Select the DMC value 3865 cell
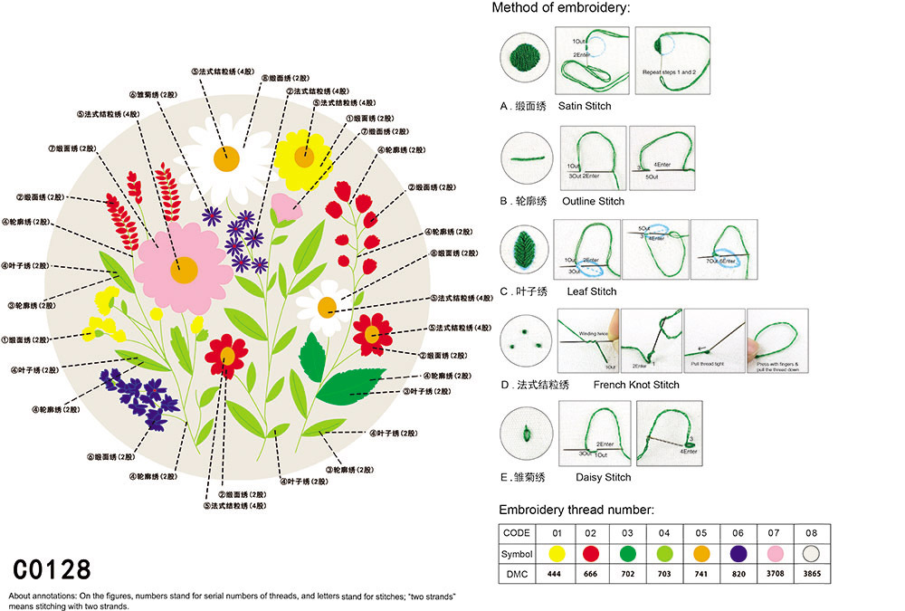pyautogui.click(x=811, y=573)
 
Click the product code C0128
pyautogui.click(x=52, y=569)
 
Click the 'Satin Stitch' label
pyautogui.click(x=585, y=106)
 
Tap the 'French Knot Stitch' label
pyautogui.click(x=635, y=385)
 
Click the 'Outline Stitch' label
pyautogui.click(x=593, y=201)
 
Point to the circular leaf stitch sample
pyautogui.click(x=526, y=250)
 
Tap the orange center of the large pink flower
pyautogui.click(x=185, y=269)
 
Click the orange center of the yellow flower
pyautogui.click(x=303, y=155)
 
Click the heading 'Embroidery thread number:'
pyautogui.click(x=576, y=510)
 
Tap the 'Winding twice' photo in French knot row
pyautogui.click(x=587, y=340)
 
